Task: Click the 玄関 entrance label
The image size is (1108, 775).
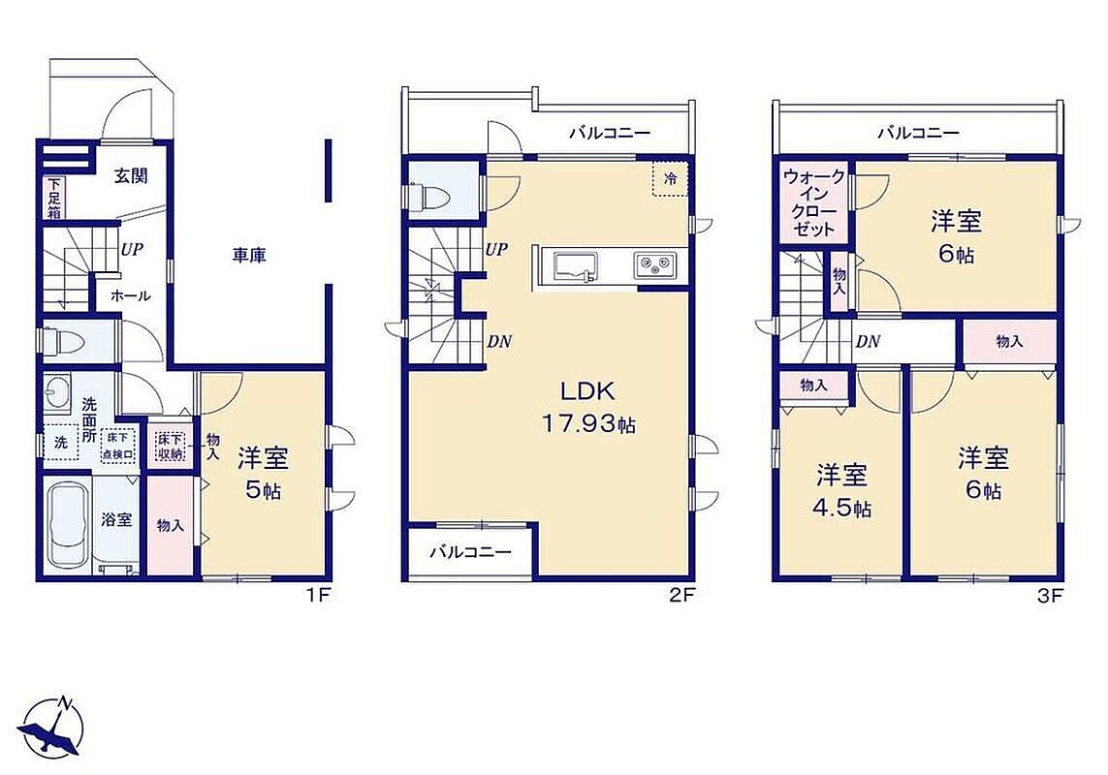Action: click(x=131, y=175)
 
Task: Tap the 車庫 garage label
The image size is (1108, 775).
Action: click(x=249, y=255)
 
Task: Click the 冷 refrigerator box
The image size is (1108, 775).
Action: click(x=669, y=179)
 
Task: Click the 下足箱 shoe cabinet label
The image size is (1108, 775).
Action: click(x=54, y=197)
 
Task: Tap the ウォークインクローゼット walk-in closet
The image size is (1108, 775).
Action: click(x=814, y=202)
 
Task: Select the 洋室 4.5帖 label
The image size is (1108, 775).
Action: click(x=842, y=490)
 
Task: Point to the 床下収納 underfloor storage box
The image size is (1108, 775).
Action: click(x=171, y=447)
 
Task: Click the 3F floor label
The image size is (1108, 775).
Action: click(x=1050, y=596)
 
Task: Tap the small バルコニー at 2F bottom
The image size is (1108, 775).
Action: click(x=470, y=552)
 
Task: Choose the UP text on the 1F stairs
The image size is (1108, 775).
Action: click(x=131, y=249)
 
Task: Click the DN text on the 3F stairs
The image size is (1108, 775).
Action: click(x=868, y=341)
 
